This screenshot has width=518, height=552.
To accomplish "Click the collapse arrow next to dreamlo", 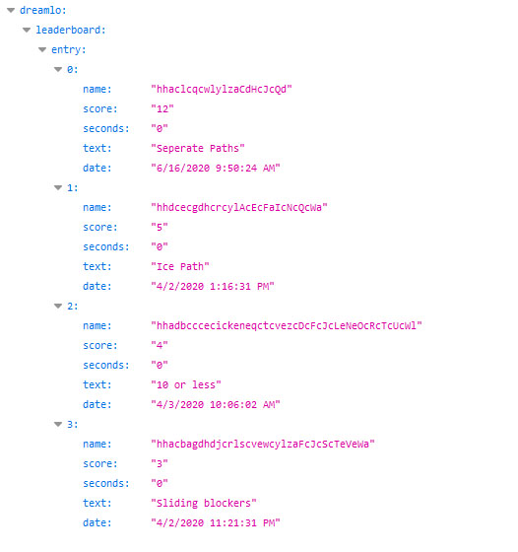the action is [x=11, y=11].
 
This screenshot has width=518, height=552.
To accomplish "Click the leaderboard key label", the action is [x=71, y=30].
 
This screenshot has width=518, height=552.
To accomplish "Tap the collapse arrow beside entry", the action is [x=42, y=50].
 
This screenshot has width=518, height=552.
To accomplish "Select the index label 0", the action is [x=73, y=70].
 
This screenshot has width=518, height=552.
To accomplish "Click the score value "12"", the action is [x=162, y=108].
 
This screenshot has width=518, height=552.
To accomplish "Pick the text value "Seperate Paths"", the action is [x=198, y=148].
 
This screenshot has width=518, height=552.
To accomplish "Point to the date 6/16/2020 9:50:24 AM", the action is [x=216, y=168].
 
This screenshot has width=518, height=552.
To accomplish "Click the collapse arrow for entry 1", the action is [x=58, y=188].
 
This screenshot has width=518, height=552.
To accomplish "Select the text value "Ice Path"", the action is [x=180, y=266].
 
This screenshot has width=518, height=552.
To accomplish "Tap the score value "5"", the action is [x=160, y=227].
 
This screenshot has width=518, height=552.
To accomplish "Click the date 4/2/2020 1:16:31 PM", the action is [x=213, y=286].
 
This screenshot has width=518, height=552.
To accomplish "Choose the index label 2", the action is [x=73, y=307].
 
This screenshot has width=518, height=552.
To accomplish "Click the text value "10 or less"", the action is [x=186, y=384].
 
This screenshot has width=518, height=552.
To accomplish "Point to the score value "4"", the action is [x=160, y=345].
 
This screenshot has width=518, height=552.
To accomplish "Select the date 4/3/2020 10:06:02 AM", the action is [x=216, y=404].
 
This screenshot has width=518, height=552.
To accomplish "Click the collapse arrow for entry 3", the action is [x=58, y=425].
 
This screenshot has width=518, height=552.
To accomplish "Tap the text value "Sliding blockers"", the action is [x=204, y=503].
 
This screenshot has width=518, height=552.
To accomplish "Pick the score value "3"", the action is [x=160, y=463].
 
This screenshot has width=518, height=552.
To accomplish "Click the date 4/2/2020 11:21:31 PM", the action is [x=216, y=522].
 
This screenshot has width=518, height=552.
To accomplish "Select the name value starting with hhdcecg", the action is [x=239, y=207].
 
